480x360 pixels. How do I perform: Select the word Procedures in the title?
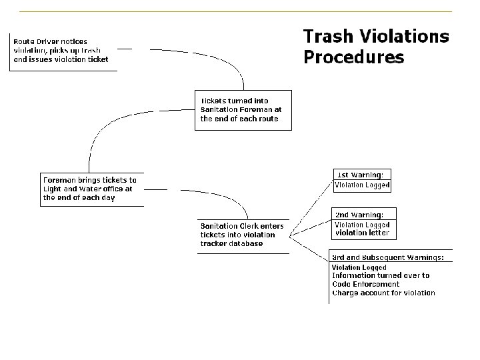click(x=353, y=58)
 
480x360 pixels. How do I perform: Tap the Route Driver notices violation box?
click(x=61, y=51)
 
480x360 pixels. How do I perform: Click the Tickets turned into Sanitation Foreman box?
click(x=242, y=110)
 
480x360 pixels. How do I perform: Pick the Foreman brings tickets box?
click(x=91, y=189)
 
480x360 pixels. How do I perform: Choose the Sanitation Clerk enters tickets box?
click(x=243, y=235)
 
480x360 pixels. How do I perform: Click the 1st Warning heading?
click(x=361, y=175)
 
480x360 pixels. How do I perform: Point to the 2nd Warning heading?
click(x=359, y=215)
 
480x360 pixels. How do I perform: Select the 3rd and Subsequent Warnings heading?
click(x=388, y=257)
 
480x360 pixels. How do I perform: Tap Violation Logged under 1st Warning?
click(x=361, y=185)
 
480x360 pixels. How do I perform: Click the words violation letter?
click(x=361, y=233)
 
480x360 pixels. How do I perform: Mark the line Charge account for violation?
click(x=383, y=293)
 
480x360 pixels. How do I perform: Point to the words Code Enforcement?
click(x=366, y=284)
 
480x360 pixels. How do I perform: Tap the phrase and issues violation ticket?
click(x=61, y=59)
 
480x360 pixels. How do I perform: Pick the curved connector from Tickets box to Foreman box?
click(x=107, y=130)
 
